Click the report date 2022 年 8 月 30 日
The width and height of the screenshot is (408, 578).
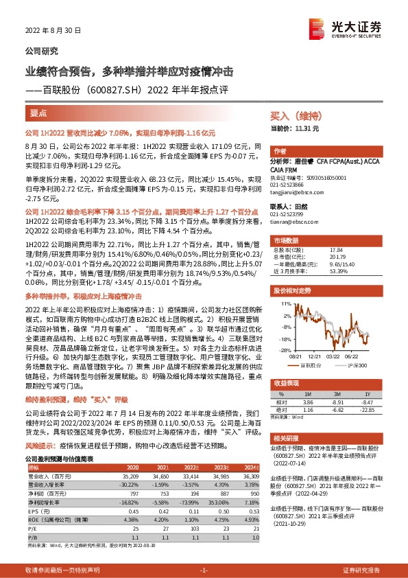(x=53, y=31)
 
